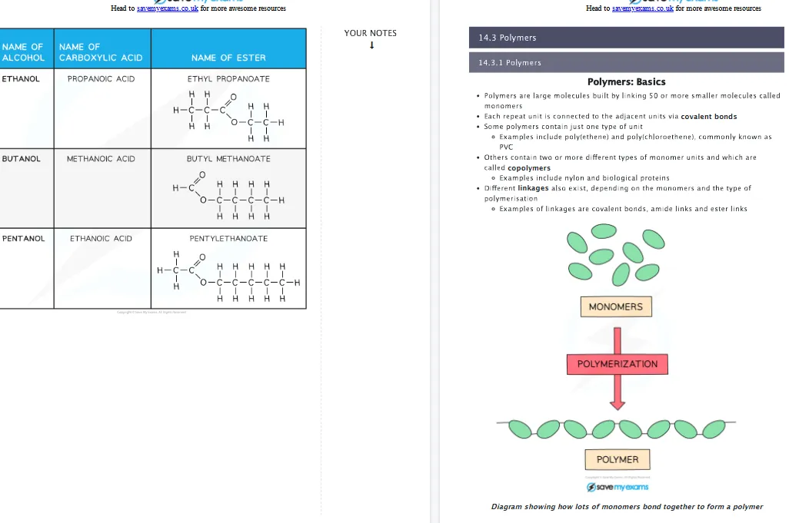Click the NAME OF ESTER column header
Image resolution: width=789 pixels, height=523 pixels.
click(228, 58)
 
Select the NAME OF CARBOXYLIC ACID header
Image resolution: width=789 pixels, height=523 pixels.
click(100, 52)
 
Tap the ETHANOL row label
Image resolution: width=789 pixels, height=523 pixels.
click(21, 78)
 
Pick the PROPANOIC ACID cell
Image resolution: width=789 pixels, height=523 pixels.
click(101, 78)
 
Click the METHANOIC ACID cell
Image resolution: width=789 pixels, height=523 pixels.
click(101, 158)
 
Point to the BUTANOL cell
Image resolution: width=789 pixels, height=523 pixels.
click(21, 158)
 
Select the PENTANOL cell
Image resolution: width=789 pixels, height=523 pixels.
click(24, 238)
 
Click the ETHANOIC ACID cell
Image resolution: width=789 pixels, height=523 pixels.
click(101, 238)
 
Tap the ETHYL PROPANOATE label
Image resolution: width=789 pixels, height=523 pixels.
click(228, 78)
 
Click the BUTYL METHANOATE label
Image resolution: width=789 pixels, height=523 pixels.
click(228, 158)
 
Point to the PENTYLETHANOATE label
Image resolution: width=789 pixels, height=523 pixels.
click(228, 238)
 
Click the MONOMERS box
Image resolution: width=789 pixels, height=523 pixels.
click(615, 306)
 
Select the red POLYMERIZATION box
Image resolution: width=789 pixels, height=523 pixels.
click(618, 363)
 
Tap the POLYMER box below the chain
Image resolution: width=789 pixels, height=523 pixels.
click(618, 459)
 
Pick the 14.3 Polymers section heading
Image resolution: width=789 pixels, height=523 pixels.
click(507, 38)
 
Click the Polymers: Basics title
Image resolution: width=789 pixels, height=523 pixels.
click(626, 81)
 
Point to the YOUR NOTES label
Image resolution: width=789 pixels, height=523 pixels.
click(371, 33)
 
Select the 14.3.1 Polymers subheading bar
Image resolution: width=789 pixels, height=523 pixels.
click(509, 62)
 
